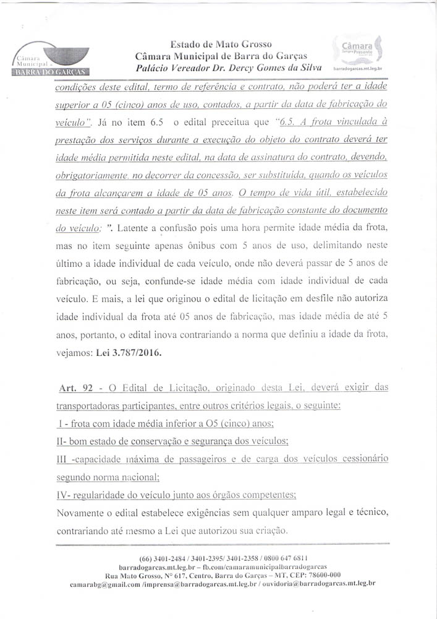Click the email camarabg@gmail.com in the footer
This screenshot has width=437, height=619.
[104, 584]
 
